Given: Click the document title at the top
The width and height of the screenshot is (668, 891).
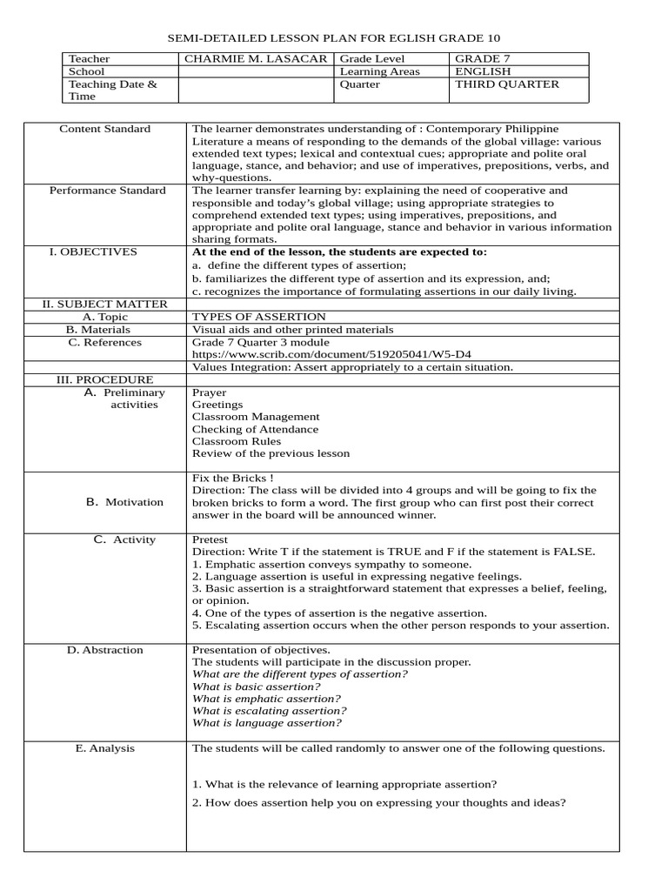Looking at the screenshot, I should click(x=334, y=38).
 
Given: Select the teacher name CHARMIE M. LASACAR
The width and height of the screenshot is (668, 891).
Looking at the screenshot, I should click(x=255, y=59).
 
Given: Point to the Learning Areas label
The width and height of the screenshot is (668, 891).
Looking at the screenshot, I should click(x=379, y=71).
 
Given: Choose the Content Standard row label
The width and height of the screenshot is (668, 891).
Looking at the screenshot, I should click(x=104, y=129).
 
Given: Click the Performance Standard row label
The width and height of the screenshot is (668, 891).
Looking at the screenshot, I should click(x=107, y=190).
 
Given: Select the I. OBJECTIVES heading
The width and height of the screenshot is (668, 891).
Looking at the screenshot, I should click(x=93, y=251).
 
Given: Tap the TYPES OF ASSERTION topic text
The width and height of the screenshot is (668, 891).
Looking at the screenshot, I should click(x=258, y=317).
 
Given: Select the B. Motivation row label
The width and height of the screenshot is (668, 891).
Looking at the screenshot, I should click(x=124, y=502).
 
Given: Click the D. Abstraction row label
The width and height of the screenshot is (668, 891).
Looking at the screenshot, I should click(x=105, y=650).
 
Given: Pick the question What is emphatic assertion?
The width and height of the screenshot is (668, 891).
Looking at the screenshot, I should click(x=266, y=699).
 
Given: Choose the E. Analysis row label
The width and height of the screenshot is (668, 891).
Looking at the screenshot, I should click(x=104, y=748).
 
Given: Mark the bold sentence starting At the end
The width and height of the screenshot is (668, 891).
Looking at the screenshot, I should click(x=339, y=251).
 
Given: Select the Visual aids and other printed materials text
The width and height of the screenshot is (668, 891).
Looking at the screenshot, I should click(x=292, y=330).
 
